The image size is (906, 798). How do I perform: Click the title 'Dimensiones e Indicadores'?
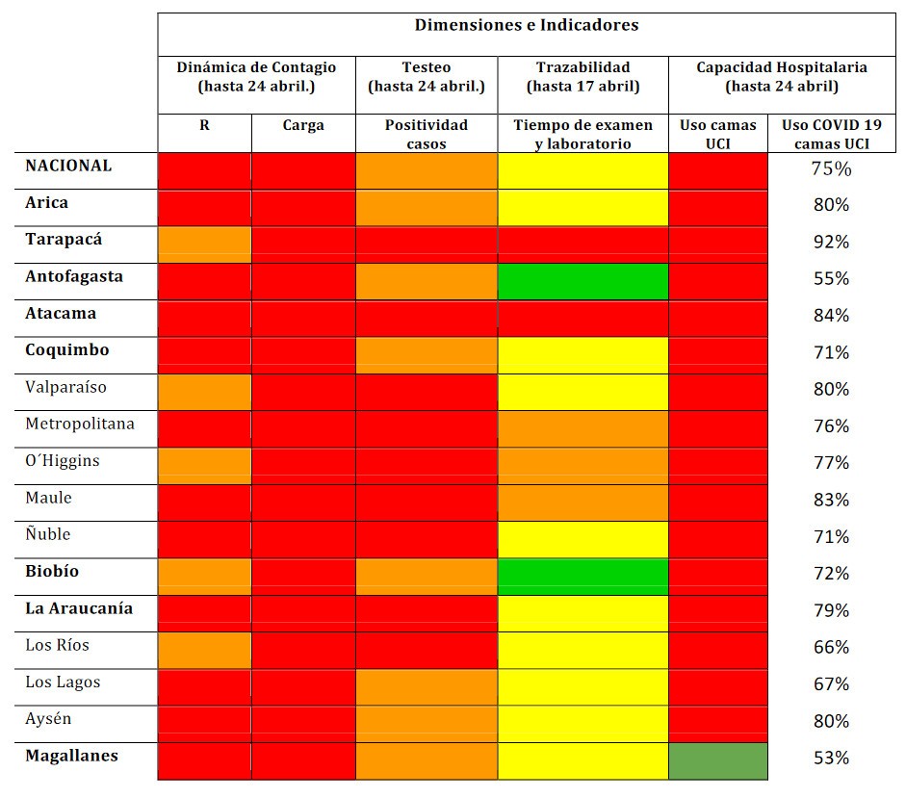pyautogui.click(x=526, y=26)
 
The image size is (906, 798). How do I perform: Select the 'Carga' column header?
pyautogui.click(x=303, y=125)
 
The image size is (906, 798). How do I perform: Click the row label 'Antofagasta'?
pyautogui.click(x=74, y=276)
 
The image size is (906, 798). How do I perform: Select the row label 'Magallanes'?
pyautogui.click(x=71, y=756)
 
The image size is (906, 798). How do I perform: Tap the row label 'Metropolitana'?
pyautogui.click(x=80, y=424)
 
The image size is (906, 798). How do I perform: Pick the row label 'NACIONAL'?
pyautogui.click(x=68, y=166)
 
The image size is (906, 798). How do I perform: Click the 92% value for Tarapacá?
pyautogui.click(x=831, y=242)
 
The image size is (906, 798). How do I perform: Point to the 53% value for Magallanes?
pyautogui.click(x=831, y=758)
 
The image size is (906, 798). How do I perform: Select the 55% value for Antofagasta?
pyautogui.click(x=831, y=279)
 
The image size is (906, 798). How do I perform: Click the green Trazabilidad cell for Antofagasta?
pyautogui.click(x=582, y=281)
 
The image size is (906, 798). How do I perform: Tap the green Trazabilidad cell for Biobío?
pyautogui.click(x=582, y=577)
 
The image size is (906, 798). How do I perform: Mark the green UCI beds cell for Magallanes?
pyautogui.click(x=718, y=760)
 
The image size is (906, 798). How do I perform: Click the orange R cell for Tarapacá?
pyautogui.click(x=204, y=245)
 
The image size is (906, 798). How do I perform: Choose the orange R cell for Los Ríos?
pyautogui.click(x=204, y=650)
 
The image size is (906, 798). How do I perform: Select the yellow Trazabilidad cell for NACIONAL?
pyautogui.click(x=582, y=170)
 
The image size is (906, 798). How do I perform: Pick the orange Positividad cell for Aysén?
pyautogui.click(x=427, y=724)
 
